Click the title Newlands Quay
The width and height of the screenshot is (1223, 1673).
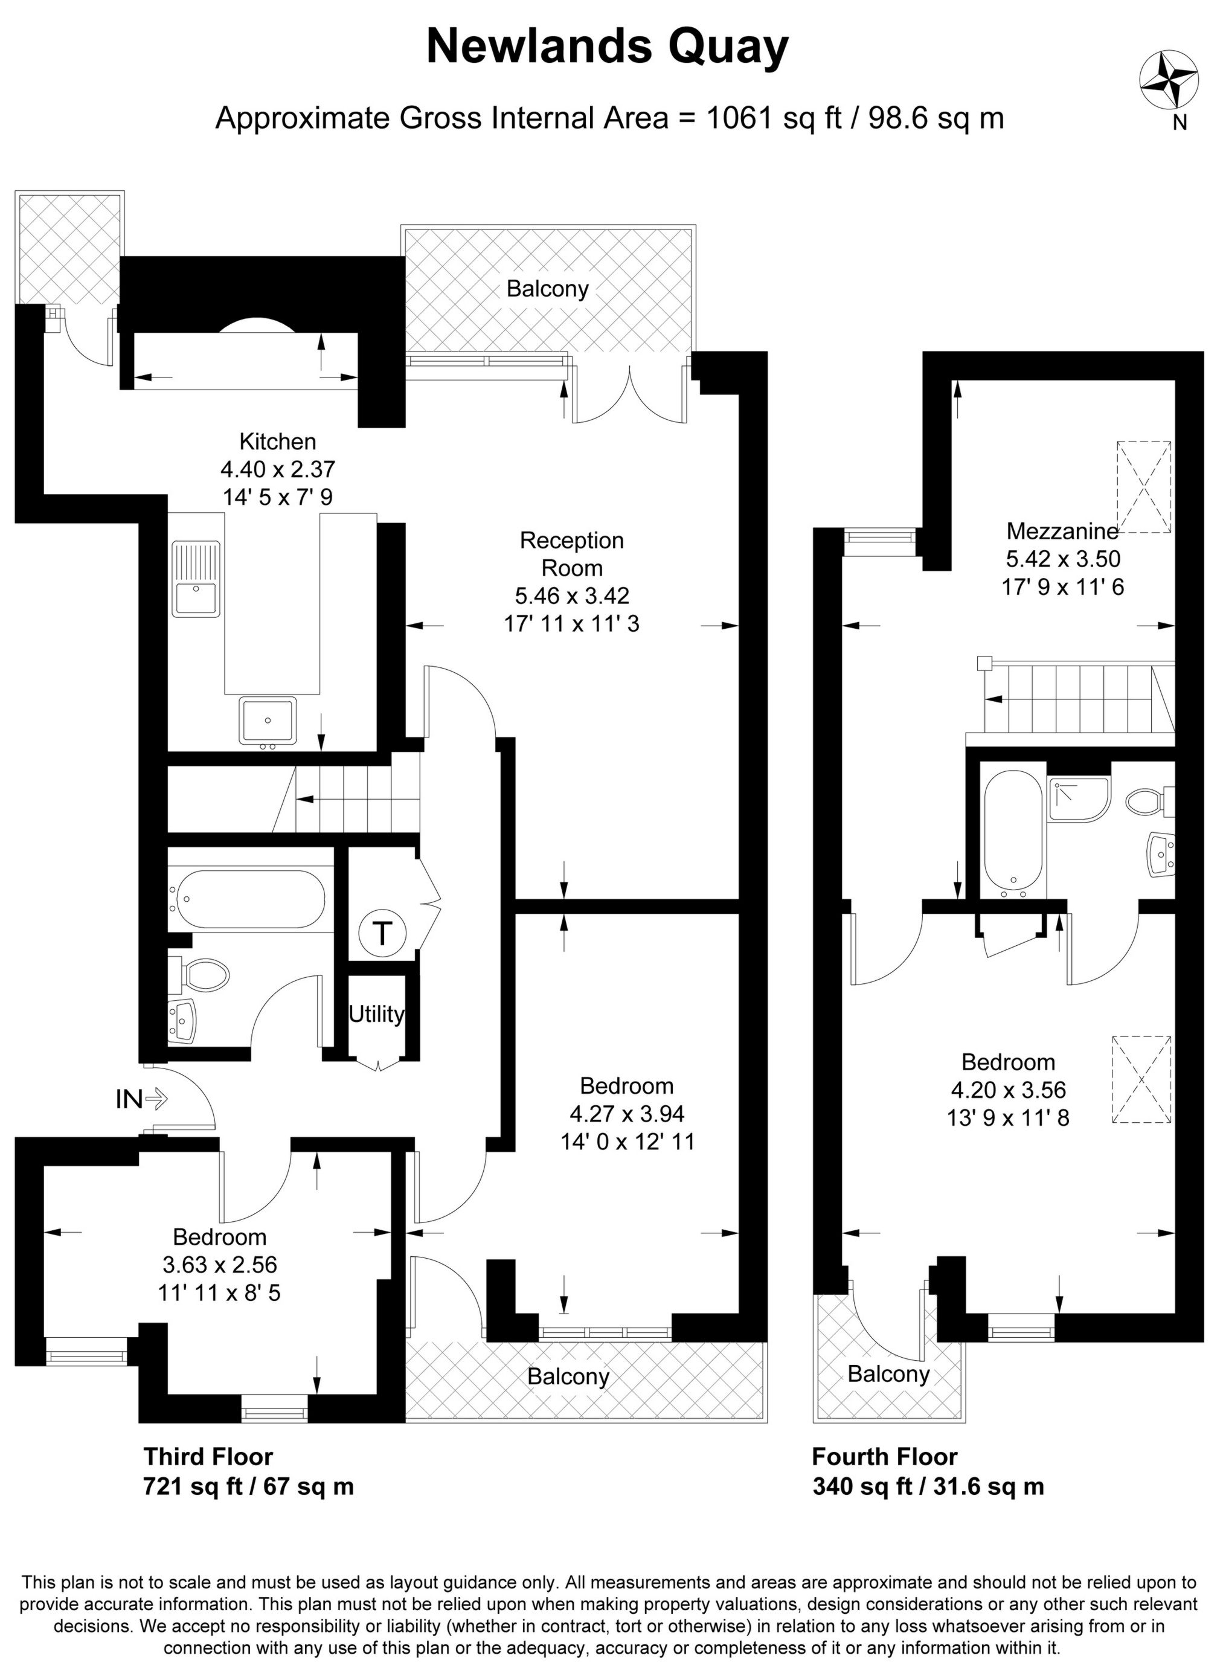[607, 47]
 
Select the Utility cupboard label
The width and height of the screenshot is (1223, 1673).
[376, 1013]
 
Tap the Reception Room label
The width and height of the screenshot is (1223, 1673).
[571, 554]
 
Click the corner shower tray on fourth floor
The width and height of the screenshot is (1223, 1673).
[1078, 798]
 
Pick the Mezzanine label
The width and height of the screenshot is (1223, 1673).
[1062, 531]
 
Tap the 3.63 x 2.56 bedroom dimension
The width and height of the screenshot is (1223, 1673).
[219, 1264]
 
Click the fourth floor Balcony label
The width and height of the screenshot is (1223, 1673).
[888, 1375]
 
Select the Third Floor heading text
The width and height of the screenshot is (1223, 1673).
[208, 1457]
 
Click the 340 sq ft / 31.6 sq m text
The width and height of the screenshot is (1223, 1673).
[928, 1486]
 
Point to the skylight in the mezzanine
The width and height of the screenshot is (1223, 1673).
[1143, 486]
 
